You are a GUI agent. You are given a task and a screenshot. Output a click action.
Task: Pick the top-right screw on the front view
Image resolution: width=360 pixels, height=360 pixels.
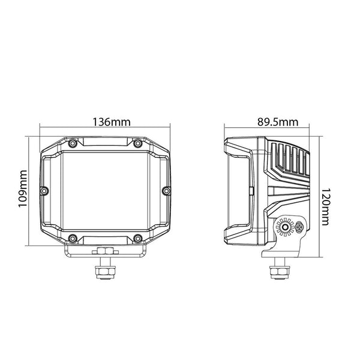tap(137, 143)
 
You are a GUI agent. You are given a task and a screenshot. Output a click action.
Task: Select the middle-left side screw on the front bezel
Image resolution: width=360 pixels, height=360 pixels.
tap(43, 191)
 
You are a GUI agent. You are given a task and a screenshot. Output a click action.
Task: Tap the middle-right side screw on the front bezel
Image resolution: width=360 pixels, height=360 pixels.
tap(167, 191)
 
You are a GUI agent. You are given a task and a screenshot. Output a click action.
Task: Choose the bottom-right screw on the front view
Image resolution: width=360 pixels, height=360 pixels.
tap(137, 238)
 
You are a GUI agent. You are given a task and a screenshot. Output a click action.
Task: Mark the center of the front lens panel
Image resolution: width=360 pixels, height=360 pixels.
tap(105, 190)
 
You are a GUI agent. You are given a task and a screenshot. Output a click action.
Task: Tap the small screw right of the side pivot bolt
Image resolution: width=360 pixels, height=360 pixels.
tap(298, 227)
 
